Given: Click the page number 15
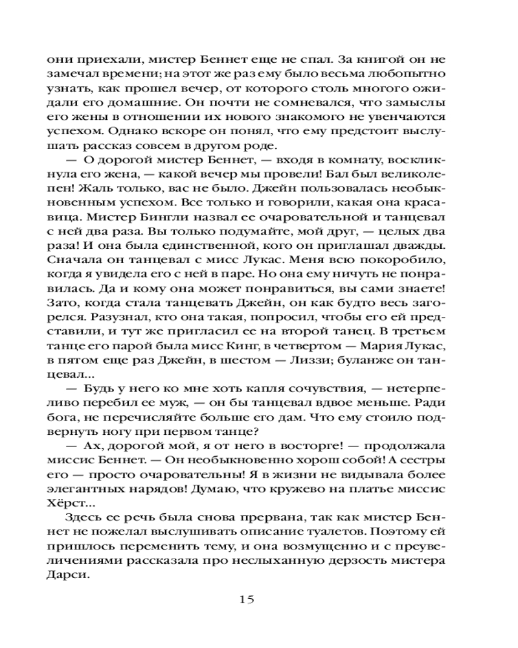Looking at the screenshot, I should [246, 599].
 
